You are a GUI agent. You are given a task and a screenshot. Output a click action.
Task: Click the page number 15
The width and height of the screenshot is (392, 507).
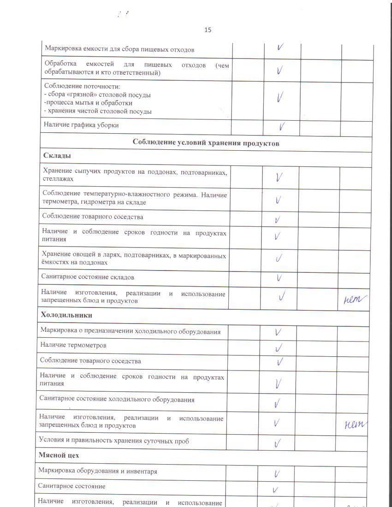coord(208,30)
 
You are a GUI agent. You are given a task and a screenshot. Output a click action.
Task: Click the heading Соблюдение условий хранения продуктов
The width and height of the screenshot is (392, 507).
coord(206,143)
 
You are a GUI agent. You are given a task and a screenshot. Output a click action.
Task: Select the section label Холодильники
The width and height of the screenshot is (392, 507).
coord(66,315)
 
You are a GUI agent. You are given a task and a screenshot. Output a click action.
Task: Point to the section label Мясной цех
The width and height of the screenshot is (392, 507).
coord(59,455)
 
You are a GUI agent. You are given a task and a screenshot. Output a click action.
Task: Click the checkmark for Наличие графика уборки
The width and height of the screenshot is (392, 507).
coord(281,126)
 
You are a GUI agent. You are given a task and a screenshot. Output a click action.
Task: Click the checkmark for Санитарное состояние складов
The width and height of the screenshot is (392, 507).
coord(279,277)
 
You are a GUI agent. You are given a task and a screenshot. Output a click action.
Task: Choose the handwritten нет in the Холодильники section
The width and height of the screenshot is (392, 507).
coord(355,424)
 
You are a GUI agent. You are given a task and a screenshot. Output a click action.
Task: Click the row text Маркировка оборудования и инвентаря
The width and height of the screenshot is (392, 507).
coord(98,472)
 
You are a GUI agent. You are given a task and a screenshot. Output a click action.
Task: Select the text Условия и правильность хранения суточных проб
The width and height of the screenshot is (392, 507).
coord(114,441)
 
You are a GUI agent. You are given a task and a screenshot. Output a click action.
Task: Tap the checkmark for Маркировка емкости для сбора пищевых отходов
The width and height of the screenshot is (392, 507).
coord(280,47)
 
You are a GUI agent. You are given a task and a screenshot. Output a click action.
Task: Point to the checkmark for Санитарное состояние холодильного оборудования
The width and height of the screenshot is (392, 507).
coord(277,404)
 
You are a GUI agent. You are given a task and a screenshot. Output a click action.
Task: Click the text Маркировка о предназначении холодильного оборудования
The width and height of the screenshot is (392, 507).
coord(130,331)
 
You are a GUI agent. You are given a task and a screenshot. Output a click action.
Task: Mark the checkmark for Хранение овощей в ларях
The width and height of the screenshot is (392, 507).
coord(279,259)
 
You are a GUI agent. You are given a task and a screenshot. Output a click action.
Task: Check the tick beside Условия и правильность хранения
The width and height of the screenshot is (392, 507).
coord(277,443)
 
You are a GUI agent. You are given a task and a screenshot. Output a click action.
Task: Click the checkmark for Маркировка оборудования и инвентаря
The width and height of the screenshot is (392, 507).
coord(277,473)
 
